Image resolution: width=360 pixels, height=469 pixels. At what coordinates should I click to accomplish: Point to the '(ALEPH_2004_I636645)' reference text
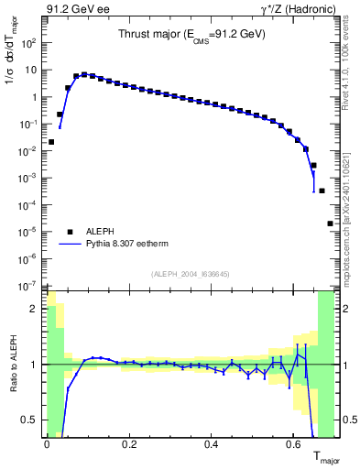point(191,272)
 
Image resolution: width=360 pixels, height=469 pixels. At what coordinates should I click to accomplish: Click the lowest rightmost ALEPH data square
point(330,224)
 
